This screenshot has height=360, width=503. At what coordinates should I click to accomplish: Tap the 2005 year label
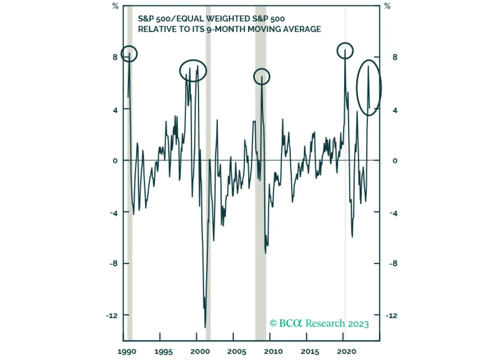click(236, 351)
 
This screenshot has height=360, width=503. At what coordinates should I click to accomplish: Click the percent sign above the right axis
click(387, 6)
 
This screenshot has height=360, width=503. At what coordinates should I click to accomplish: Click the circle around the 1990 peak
click(129, 54)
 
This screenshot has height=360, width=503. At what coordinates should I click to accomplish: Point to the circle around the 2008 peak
click(262, 77)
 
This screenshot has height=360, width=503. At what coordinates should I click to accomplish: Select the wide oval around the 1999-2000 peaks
click(193, 70)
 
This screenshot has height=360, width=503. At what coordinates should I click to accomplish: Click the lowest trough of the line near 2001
click(205, 327)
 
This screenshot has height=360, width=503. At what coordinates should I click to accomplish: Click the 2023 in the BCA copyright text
click(358, 324)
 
